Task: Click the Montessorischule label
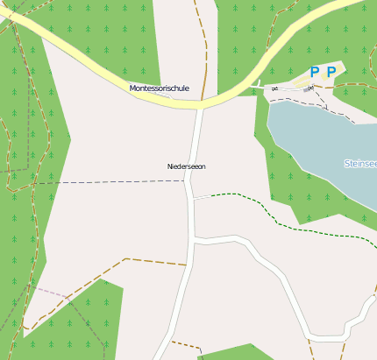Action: [159, 88]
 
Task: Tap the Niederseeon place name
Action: [186, 166]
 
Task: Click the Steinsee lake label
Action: [361, 163]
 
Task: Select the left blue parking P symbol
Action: [315, 73]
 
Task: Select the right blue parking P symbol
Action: [331, 73]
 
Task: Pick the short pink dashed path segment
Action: [48, 290]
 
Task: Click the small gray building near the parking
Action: [307, 89]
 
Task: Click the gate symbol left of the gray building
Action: [274, 88]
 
